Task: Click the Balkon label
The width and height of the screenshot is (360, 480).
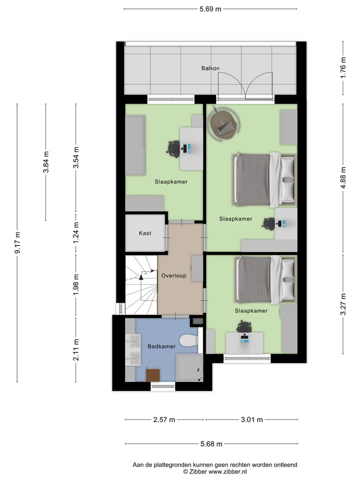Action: [x=210, y=68]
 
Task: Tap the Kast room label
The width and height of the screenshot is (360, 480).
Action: [x=145, y=233]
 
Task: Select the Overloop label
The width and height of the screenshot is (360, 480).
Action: [x=173, y=275]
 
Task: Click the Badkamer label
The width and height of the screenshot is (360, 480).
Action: [x=161, y=346]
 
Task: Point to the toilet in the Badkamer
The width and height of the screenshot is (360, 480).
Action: [x=189, y=340]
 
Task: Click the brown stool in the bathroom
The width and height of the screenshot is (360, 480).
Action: [x=153, y=375]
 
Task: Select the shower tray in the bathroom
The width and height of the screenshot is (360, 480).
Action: [x=189, y=367]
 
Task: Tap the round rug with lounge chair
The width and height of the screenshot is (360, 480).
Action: [x=223, y=123]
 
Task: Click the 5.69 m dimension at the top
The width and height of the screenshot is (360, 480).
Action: [x=210, y=9]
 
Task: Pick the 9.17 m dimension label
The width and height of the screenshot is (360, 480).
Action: [x=17, y=243]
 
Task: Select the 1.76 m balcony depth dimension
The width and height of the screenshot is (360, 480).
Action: [x=343, y=67]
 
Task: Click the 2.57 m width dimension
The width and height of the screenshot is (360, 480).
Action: [x=164, y=419]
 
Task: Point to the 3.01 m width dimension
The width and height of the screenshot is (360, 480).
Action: [x=251, y=419]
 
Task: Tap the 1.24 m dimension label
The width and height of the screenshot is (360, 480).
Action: [x=76, y=232]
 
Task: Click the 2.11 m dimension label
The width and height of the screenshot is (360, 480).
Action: [x=76, y=349]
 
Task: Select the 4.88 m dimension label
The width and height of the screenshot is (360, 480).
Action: [x=343, y=178]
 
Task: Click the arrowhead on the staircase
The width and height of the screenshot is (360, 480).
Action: [x=141, y=277]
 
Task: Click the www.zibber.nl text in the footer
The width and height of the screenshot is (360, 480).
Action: [x=227, y=471]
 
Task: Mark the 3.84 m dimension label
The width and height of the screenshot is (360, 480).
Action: [x=46, y=162]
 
